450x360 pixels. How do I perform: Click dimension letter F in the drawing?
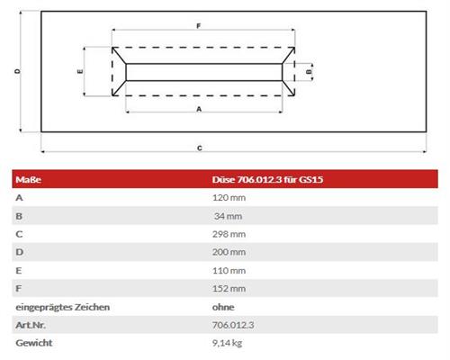coord(197,27)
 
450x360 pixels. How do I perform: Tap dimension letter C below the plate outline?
coord(199,147)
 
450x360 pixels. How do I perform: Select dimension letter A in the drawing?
coord(197,107)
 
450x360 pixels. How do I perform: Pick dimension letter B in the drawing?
coord(309,69)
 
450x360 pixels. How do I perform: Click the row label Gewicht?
coord(33,344)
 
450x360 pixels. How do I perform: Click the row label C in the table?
coord(19,233)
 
